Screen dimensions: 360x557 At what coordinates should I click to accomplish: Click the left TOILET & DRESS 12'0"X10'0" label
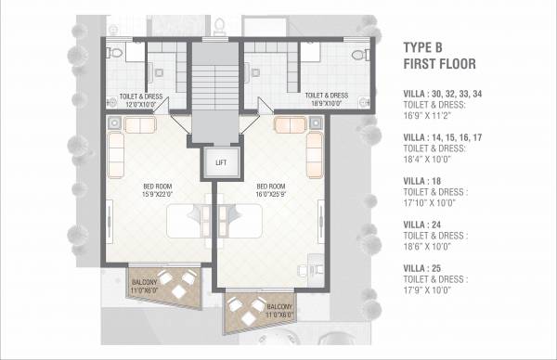140,98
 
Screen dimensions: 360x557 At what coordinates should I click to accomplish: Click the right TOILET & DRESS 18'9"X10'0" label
326,98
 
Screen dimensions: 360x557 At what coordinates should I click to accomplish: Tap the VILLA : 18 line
423,181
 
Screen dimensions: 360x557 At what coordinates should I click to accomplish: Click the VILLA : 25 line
423,268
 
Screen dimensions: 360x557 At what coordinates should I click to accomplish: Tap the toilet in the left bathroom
109,55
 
